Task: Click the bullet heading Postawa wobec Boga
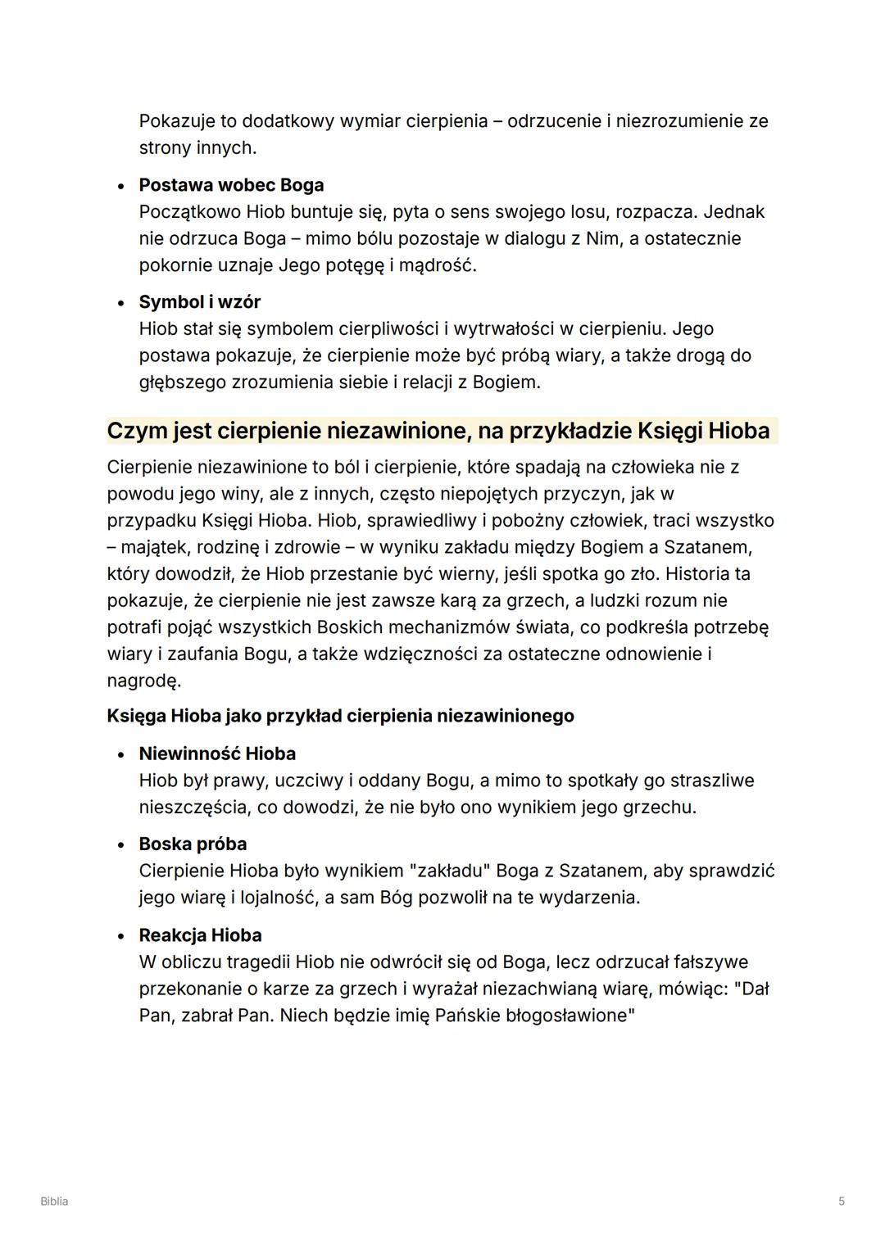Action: (x=231, y=185)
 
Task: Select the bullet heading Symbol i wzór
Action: (x=199, y=302)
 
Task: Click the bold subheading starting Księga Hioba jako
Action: (x=340, y=716)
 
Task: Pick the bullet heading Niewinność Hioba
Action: (x=217, y=753)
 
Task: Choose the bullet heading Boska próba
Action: (x=193, y=844)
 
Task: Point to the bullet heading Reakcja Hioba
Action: (x=200, y=935)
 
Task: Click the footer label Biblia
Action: (x=54, y=1201)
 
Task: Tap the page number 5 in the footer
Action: (x=841, y=1201)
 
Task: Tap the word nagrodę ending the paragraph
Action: (x=143, y=681)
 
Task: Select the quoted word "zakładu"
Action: (x=448, y=871)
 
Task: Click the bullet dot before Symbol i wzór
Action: (x=120, y=303)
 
